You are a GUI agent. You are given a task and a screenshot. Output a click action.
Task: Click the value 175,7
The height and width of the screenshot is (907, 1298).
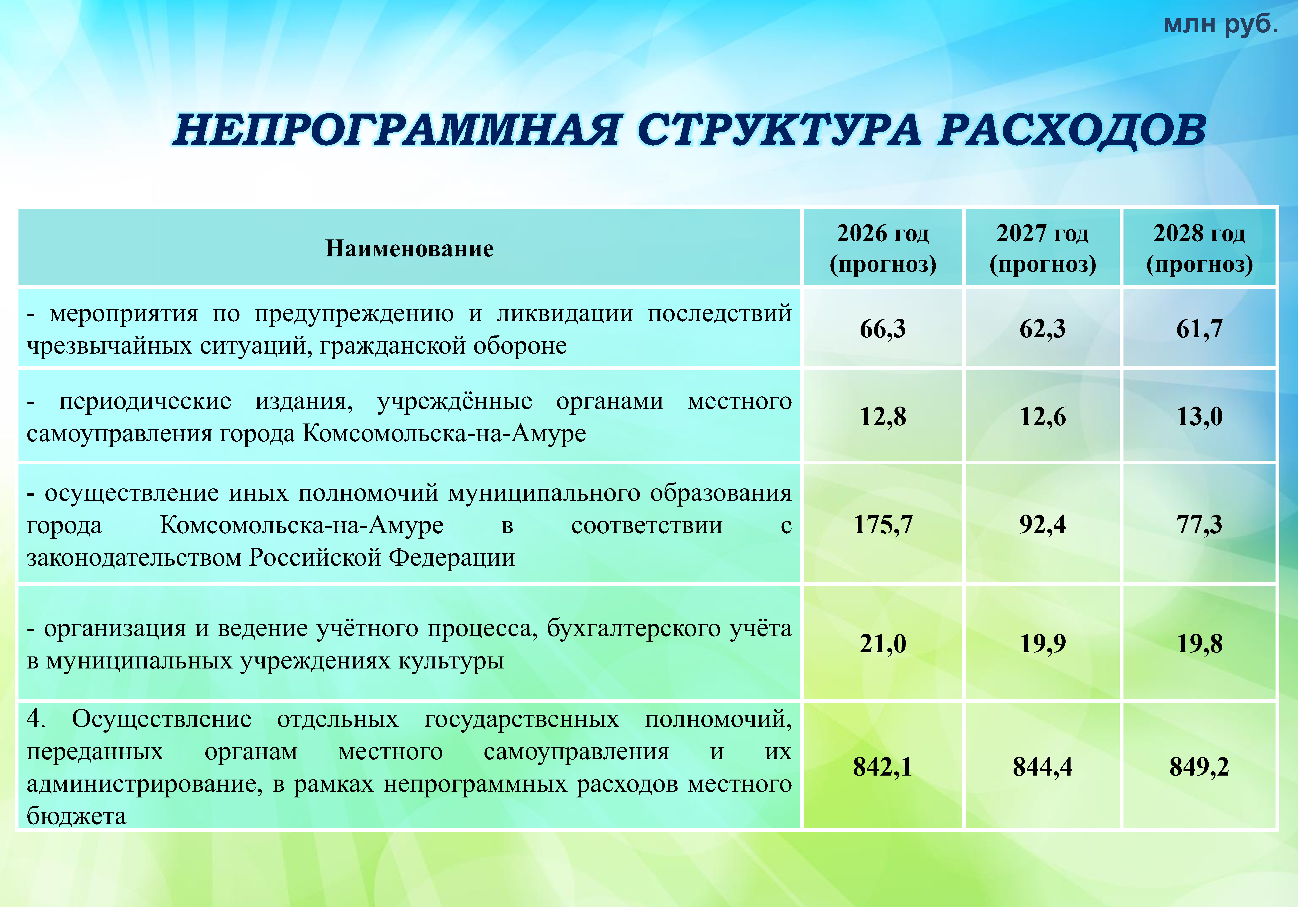pos(882,525)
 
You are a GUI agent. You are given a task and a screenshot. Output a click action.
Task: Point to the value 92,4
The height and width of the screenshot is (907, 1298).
pos(1043,525)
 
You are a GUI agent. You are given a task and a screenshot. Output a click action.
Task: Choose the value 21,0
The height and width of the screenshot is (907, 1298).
pos(882,644)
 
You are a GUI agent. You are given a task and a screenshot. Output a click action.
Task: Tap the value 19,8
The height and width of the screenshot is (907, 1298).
pos(1199,644)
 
